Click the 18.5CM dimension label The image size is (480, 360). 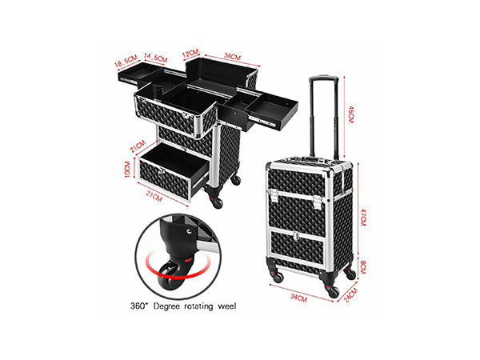[x=126, y=62]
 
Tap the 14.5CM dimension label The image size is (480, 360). [x=155, y=58]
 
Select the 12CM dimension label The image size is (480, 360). [x=190, y=54]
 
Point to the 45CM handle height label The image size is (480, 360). [x=351, y=114]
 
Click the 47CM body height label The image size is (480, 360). [x=363, y=218]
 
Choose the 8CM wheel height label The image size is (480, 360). [x=363, y=267]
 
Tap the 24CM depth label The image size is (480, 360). [x=351, y=295]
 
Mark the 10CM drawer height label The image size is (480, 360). [x=127, y=169]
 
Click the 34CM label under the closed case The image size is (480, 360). [x=298, y=298]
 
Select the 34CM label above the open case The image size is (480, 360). [x=232, y=56]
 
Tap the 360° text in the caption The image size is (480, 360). [x=139, y=306]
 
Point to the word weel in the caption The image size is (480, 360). [x=227, y=306]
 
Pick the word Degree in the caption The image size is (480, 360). [x=166, y=306]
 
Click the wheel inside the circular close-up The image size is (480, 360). [x=169, y=276]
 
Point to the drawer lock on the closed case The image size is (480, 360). [x=295, y=236]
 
